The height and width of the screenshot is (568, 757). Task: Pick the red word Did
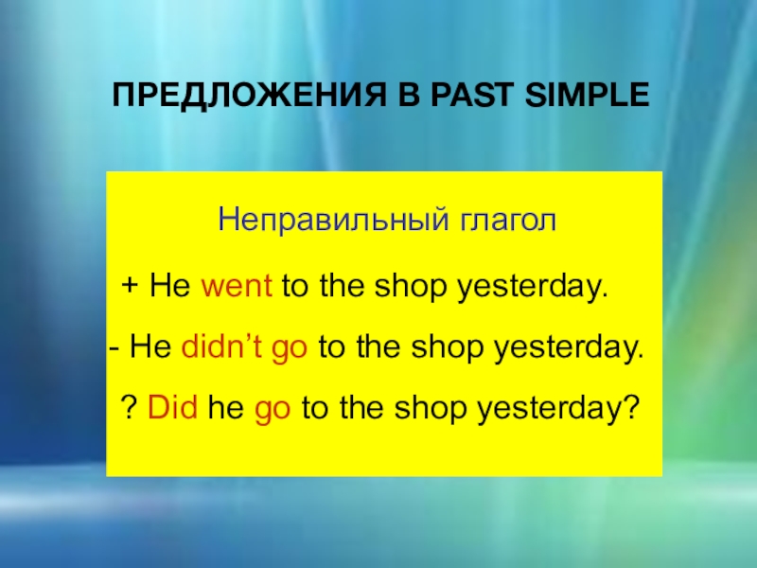coord(171,410)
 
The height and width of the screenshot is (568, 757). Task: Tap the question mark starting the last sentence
coord(129,410)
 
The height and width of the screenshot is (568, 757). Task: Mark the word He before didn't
coord(150,347)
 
